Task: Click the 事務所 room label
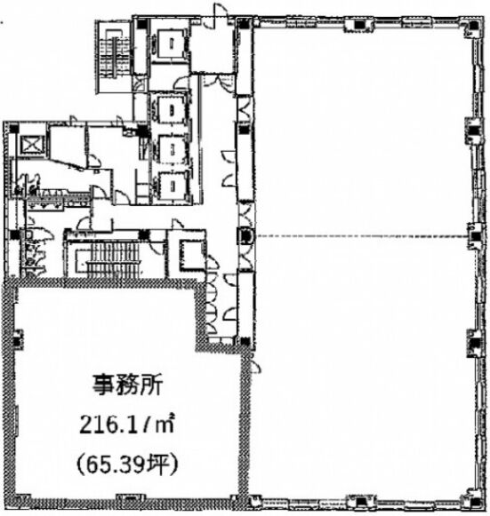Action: click(127, 385)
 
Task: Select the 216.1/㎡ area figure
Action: click(126, 425)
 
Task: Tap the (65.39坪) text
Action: click(127, 465)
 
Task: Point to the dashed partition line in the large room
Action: click(363, 236)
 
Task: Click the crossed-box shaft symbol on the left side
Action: click(31, 145)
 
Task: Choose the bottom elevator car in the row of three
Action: click(172, 186)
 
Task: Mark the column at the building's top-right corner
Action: click(473, 25)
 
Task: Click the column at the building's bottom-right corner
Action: click(475, 502)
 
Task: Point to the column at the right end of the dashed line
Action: click(475, 235)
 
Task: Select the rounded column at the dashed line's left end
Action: click(245, 235)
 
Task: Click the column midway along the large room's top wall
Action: click(359, 24)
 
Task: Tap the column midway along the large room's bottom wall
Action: click(360, 502)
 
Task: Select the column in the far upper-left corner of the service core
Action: click(14, 128)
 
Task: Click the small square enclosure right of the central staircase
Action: click(192, 255)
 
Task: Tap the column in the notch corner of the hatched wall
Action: click(245, 341)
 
